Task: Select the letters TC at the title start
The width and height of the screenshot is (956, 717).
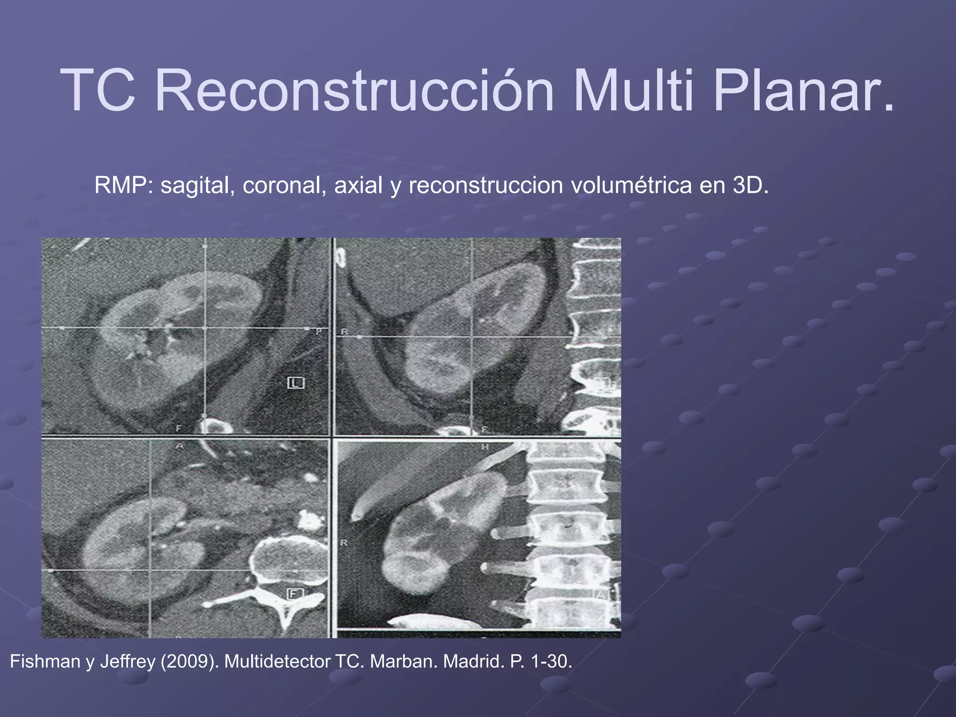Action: (98, 90)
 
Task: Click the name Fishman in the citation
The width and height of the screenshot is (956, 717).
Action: (45, 661)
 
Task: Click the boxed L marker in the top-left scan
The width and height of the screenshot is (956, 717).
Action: (295, 383)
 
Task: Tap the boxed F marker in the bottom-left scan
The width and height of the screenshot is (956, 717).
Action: (295, 594)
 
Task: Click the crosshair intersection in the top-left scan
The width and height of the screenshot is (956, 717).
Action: (205, 329)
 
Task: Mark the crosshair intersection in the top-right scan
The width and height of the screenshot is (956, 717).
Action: (472, 336)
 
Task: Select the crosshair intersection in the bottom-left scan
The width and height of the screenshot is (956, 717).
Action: (150, 570)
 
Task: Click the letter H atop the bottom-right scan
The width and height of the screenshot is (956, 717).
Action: (485, 447)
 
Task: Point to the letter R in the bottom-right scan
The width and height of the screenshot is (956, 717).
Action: (344, 543)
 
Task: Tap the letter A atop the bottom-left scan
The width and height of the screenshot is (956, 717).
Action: (179, 446)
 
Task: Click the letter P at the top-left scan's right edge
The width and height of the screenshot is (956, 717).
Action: (319, 331)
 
